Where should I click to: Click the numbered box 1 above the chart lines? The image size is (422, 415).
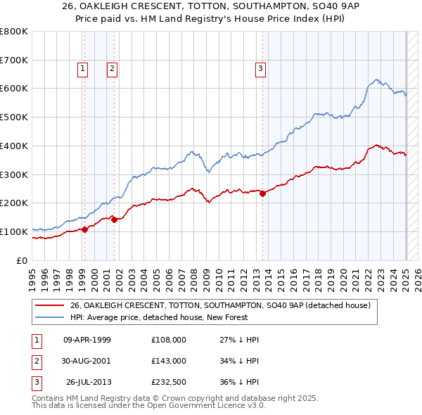[x=83, y=68]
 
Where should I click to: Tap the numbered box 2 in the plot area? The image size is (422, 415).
[x=112, y=68]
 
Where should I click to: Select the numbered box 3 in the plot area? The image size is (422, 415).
[x=260, y=68]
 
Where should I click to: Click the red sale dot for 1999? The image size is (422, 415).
[x=84, y=229]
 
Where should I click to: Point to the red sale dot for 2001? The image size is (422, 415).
[x=114, y=219]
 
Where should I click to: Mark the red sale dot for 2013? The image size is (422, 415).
[x=262, y=193]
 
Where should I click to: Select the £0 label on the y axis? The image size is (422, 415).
[x=21, y=260]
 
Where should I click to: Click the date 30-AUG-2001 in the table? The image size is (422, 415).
[x=87, y=361]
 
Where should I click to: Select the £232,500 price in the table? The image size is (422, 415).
[x=169, y=382]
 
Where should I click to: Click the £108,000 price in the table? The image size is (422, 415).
[x=169, y=340]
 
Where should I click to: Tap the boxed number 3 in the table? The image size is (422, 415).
[x=34, y=382]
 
